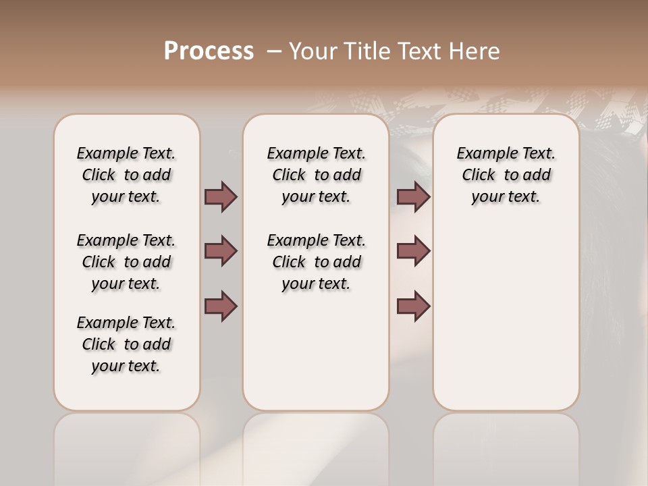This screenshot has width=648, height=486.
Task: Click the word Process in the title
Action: (x=209, y=51)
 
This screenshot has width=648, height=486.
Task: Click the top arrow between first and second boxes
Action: (x=221, y=196)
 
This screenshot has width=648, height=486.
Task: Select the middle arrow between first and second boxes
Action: (x=221, y=251)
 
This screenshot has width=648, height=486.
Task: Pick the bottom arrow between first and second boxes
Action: (x=221, y=306)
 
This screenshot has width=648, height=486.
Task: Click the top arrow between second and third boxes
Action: (x=413, y=196)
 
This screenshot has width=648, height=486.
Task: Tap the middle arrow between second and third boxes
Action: (x=413, y=251)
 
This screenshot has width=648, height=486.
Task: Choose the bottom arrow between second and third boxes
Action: (x=413, y=306)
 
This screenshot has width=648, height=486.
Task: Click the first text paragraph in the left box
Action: (x=126, y=175)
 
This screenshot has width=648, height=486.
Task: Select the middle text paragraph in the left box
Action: (x=126, y=262)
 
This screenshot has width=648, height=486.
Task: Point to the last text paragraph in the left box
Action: (x=126, y=344)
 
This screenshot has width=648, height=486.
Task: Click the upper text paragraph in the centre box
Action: (x=316, y=175)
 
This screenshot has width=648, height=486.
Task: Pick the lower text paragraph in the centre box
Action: (x=316, y=262)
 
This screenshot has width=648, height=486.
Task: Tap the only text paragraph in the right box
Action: (x=506, y=175)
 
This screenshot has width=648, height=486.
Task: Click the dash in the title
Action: (x=274, y=51)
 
